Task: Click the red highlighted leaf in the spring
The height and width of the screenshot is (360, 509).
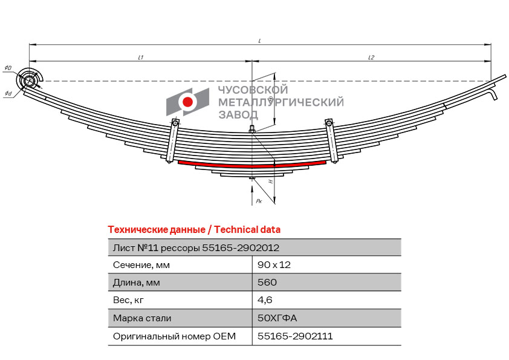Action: [252, 165]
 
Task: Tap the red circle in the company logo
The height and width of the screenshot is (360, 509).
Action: [187, 102]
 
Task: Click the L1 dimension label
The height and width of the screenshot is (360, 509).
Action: [141, 57]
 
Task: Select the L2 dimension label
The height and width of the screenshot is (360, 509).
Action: [371, 57]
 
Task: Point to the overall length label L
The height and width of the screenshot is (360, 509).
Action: [260, 41]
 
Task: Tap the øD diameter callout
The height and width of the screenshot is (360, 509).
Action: [8, 68]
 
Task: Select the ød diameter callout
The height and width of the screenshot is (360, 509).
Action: [8, 94]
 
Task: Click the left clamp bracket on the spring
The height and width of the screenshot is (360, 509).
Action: [172, 141]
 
